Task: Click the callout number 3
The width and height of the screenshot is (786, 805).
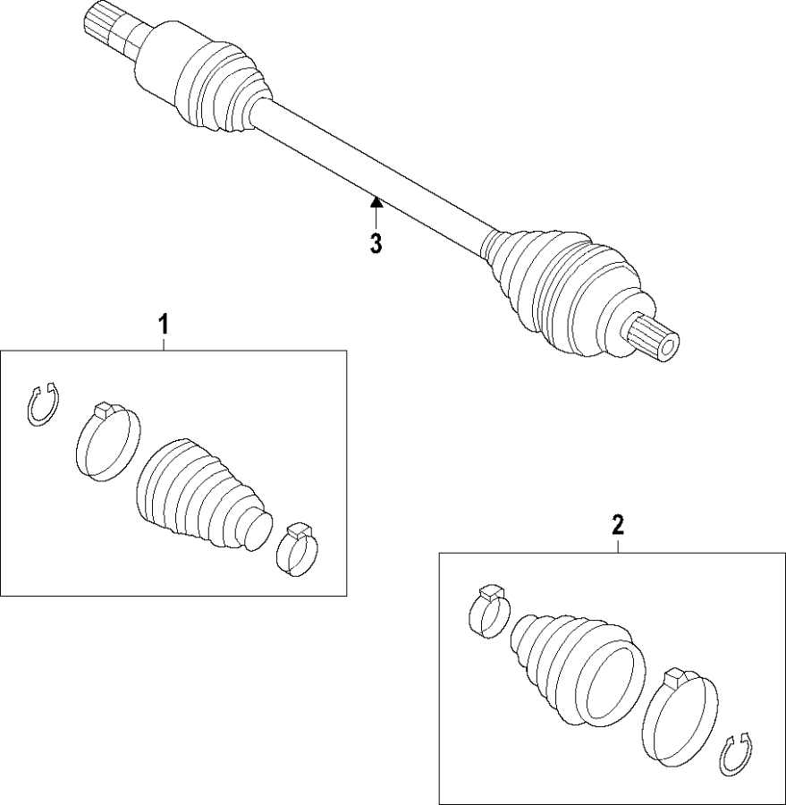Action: pos(376,242)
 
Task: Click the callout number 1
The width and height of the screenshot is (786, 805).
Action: pos(164,324)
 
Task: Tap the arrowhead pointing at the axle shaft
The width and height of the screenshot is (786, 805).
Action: pos(376,202)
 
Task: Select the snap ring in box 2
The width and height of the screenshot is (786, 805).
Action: pos(737,754)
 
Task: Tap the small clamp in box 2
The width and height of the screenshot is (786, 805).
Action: pos(489,614)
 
